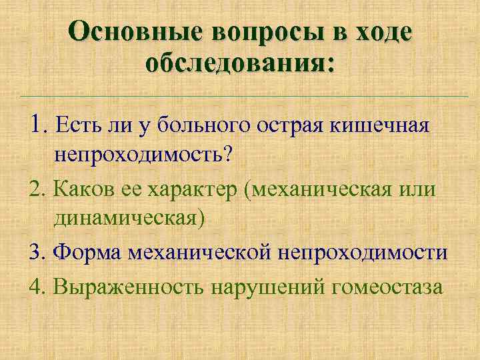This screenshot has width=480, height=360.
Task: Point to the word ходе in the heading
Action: [x=381, y=31]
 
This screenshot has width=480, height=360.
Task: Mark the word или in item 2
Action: [x=417, y=189]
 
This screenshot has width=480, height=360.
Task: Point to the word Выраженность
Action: [x=129, y=287]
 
